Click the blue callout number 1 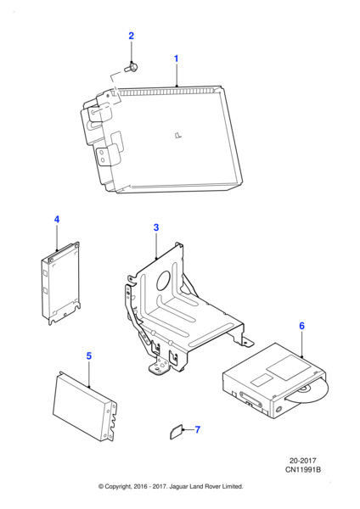(x=176, y=59)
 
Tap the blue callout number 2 (x=132, y=36)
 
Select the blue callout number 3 (x=156, y=227)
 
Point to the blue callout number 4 (x=57, y=220)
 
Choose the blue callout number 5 (x=89, y=356)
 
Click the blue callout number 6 (x=302, y=326)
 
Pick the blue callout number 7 (x=198, y=430)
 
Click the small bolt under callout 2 (x=131, y=68)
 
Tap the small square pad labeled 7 (x=177, y=432)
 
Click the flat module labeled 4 (x=61, y=283)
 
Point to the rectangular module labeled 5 (x=84, y=406)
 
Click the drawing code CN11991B (x=303, y=469)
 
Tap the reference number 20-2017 (x=303, y=461)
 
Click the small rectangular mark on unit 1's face (x=178, y=135)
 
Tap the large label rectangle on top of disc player (x=289, y=366)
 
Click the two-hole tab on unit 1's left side (x=103, y=156)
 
